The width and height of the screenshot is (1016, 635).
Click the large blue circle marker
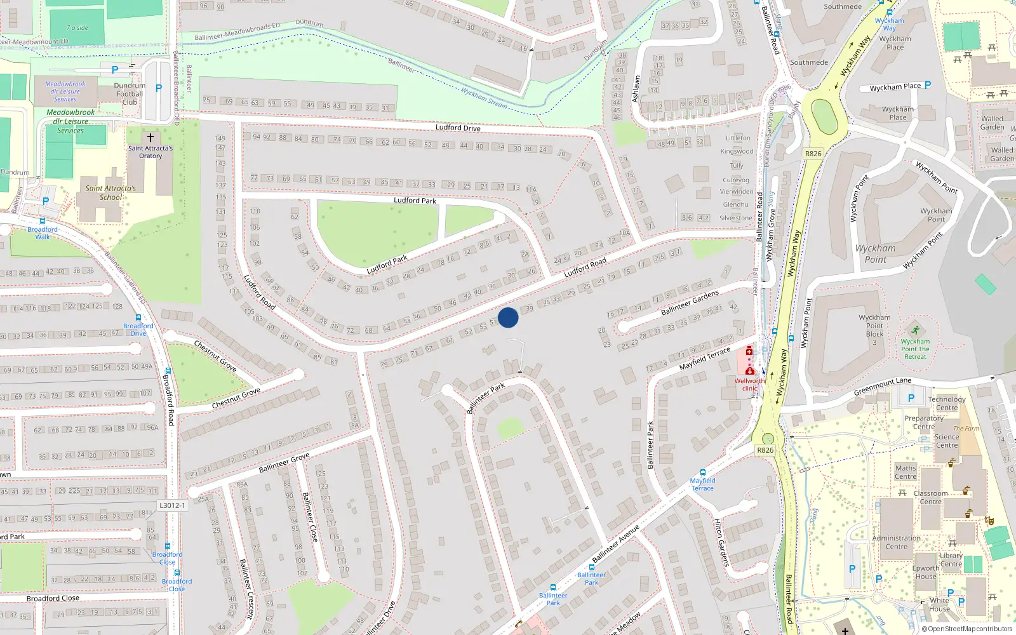tap(508, 317)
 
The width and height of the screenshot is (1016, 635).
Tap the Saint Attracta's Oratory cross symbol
tap(150, 137)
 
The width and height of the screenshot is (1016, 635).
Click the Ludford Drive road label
tap(458, 128)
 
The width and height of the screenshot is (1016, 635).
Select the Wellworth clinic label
tap(749, 385)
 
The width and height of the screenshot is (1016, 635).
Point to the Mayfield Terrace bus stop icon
tap(702, 472)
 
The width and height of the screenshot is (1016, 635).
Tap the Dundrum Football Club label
tap(130, 94)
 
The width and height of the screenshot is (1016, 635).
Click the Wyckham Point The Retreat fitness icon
tap(915, 330)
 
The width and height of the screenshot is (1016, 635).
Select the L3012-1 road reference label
tap(172, 505)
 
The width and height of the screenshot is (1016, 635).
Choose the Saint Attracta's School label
tap(110, 192)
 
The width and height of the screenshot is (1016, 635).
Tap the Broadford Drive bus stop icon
tap(138, 317)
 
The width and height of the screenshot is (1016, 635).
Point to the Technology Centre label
tap(946, 404)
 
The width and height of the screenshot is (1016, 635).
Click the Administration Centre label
tap(896, 542)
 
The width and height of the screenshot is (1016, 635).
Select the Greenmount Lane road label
tap(882, 386)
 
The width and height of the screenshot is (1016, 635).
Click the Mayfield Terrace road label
tap(705, 359)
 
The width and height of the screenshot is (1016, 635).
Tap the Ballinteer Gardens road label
tap(690, 303)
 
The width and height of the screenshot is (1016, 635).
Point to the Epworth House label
tap(926, 572)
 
